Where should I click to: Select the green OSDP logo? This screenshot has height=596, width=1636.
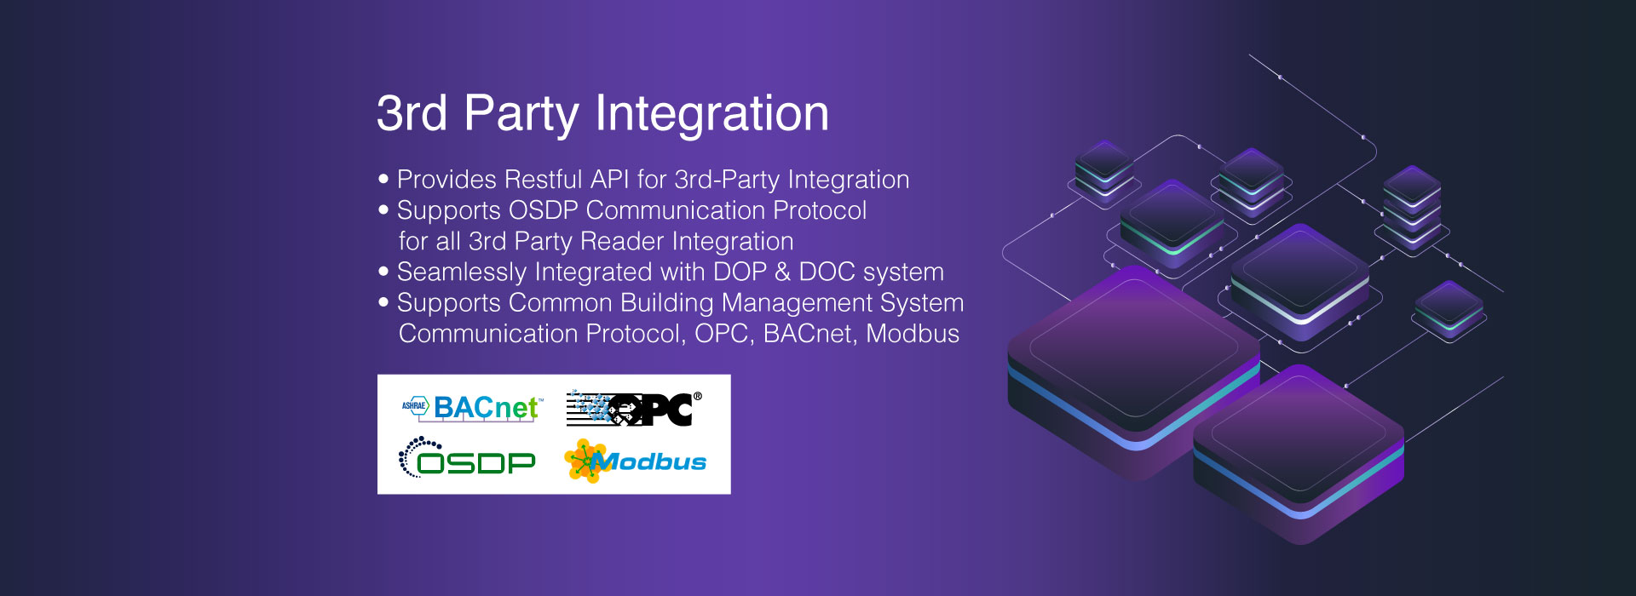[x=467, y=458]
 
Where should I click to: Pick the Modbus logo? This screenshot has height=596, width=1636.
[x=636, y=461]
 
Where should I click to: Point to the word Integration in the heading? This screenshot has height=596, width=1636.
[x=711, y=114]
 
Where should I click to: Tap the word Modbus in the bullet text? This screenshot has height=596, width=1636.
[x=913, y=334]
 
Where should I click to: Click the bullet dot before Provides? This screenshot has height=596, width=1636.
[x=383, y=179]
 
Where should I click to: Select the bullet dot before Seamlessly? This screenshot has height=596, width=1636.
[x=383, y=271]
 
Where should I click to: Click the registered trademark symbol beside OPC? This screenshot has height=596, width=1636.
[x=698, y=396]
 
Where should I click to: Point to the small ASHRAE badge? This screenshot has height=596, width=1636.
[x=414, y=406]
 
